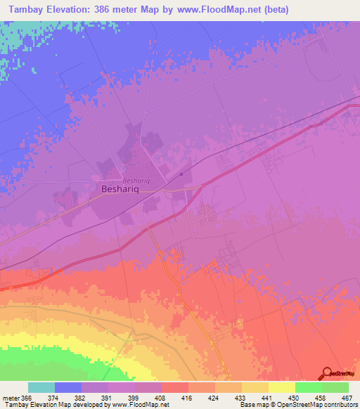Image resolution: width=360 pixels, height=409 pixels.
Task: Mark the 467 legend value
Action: click(345, 398)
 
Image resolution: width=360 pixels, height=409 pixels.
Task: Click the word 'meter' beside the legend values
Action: click(10, 398)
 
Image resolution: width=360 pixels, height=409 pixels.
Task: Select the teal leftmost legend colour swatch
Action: click(41, 387)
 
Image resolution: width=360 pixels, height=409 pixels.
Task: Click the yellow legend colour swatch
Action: click(281, 387)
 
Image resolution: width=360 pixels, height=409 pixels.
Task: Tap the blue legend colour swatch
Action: click(67, 387)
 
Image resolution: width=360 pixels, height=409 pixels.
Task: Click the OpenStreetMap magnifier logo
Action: click(328, 374)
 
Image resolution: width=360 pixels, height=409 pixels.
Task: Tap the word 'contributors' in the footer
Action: click(340, 404)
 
